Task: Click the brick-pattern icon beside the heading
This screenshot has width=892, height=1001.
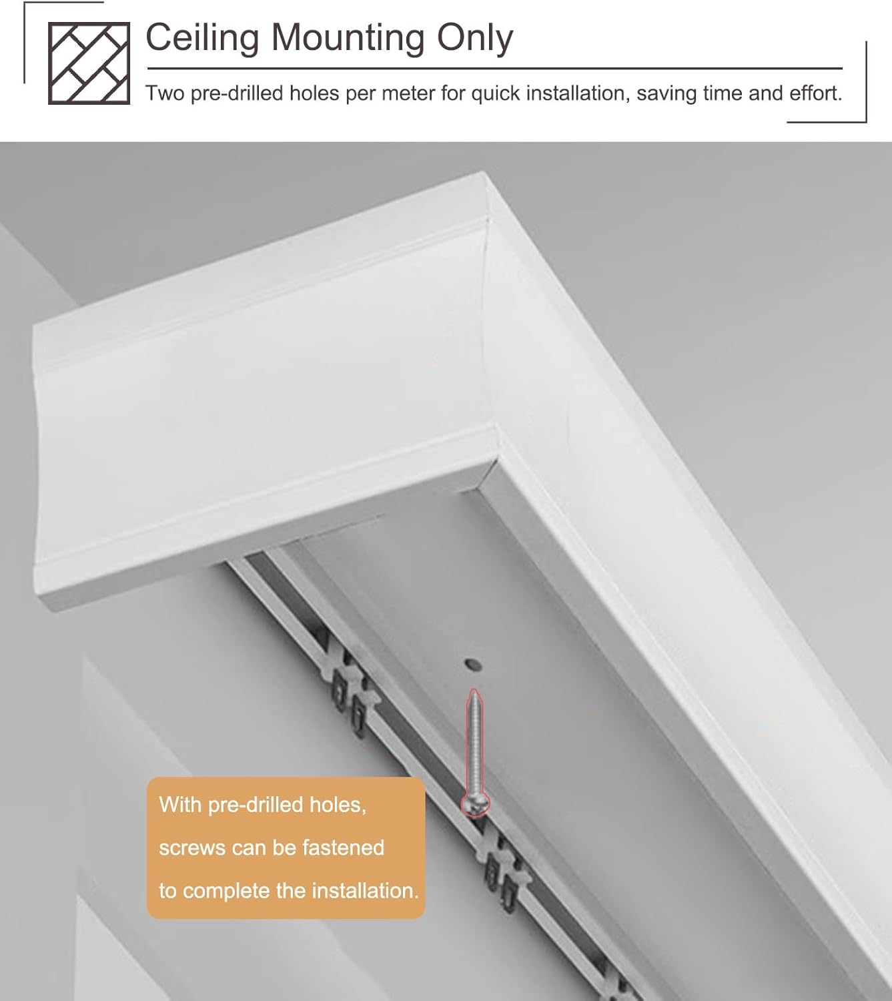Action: pos(89,63)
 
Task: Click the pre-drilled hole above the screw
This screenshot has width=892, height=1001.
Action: pos(472,665)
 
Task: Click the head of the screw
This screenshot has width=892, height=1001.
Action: pos(475,805)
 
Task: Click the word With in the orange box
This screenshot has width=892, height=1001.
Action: pos(180,805)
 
